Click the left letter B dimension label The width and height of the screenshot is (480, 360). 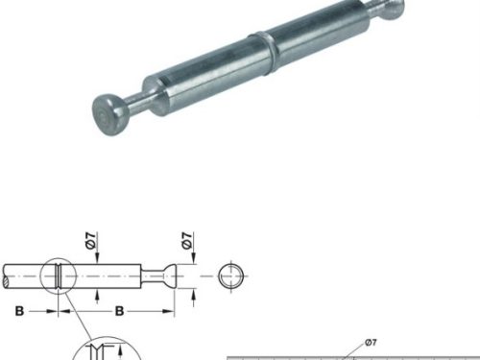19,311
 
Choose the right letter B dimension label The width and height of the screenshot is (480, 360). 119,311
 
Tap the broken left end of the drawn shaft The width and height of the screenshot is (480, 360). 5,276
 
